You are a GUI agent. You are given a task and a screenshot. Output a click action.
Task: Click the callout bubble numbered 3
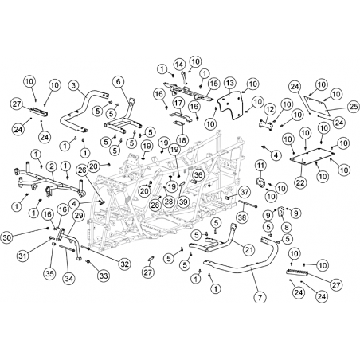[74, 85]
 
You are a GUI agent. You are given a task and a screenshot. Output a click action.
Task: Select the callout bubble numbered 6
[119, 82]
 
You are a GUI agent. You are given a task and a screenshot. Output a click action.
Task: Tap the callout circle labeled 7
[260, 298]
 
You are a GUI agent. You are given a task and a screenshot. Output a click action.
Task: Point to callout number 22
[300, 182]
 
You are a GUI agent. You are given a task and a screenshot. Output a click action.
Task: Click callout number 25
[354, 107]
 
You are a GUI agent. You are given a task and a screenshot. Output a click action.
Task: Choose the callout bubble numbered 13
[230, 83]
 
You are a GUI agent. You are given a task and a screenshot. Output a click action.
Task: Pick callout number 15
[214, 84]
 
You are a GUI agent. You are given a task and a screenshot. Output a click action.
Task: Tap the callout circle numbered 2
[52, 166]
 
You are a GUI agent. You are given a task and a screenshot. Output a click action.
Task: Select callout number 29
[79, 216]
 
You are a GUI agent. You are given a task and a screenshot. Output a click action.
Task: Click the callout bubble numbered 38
[242, 217]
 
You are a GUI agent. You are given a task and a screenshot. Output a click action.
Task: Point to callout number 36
[198, 174]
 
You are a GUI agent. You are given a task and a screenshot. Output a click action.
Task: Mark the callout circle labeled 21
[248, 249]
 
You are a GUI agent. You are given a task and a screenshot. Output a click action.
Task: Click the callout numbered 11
[260, 166]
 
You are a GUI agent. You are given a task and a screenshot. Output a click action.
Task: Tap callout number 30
[7, 237]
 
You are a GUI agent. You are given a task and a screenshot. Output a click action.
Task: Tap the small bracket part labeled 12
[266, 124]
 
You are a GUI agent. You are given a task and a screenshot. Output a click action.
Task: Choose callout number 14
[179, 64]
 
